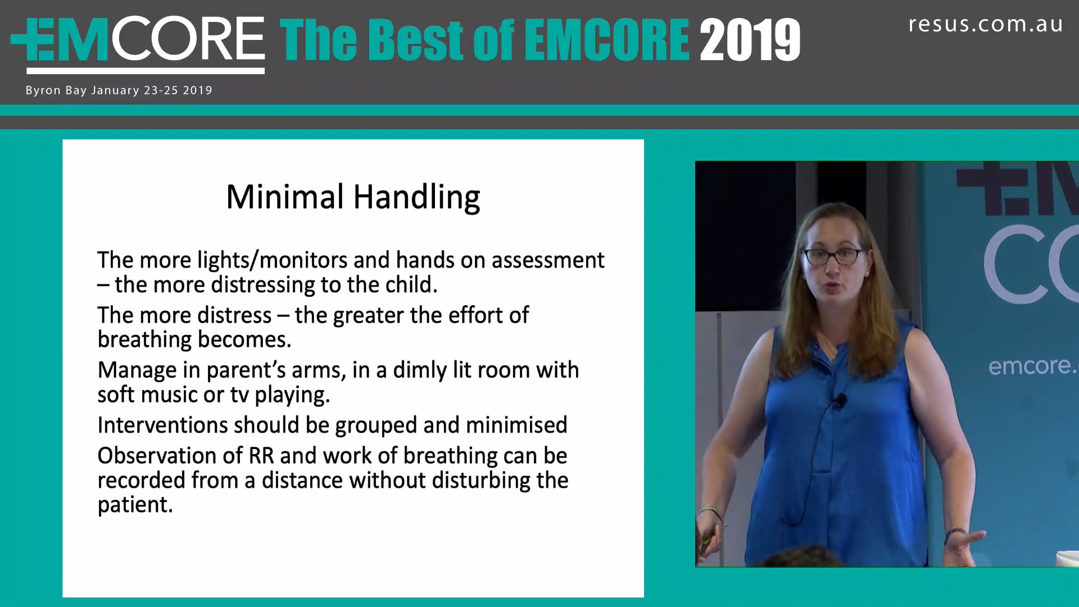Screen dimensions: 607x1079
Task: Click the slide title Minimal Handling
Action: coord(353,197)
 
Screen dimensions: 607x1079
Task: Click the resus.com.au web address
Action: coord(985,24)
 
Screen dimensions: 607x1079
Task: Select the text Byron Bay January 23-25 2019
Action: coord(119,90)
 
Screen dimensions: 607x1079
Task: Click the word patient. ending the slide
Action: coord(135,505)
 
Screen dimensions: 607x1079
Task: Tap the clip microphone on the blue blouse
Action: coord(840,400)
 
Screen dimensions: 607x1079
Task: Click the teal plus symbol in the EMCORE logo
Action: coord(26,39)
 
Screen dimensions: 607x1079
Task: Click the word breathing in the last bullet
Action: coord(450,456)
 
